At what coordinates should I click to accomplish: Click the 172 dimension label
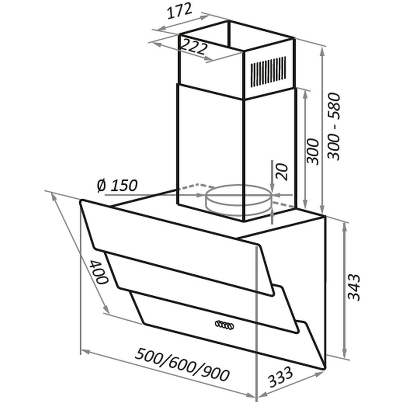pyautogui.click(x=180, y=11)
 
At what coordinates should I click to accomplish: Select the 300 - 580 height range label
pyautogui.click(x=334, y=126)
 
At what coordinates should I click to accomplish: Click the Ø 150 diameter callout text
pyautogui.click(x=117, y=185)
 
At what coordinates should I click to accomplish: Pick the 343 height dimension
pyautogui.click(x=353, y=288)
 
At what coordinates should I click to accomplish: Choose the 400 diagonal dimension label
pyautogui.click(x=98, y=272)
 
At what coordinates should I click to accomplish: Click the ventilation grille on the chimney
pyautogui.click(x=269, y=72)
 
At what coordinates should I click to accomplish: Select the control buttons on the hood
pyautogui.click(x=224, y=325)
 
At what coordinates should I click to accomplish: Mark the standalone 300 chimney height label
pyautogui.click(x=313, y=151)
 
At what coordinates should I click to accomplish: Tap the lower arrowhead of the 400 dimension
pyautogui.click(x=106, y=309)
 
